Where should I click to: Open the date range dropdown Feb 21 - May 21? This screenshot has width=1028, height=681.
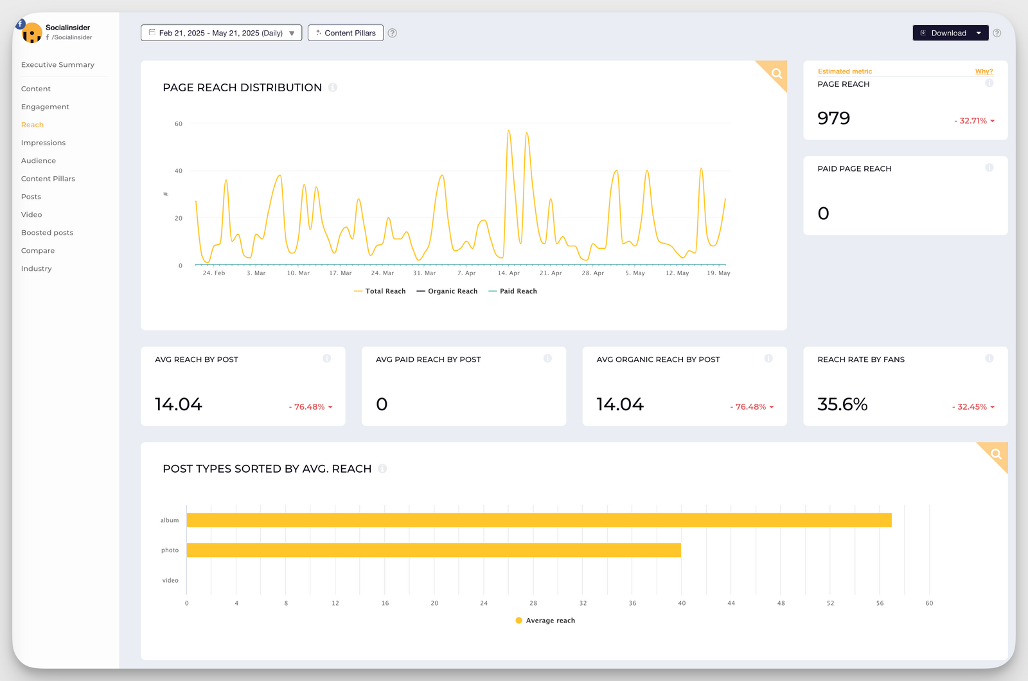pos(221,33)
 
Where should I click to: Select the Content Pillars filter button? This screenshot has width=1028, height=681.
pos(346,33)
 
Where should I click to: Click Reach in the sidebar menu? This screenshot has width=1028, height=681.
pos(32,125)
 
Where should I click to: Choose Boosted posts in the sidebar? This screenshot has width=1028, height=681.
pos(47,233)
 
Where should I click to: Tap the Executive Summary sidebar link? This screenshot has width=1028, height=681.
pos(57,65)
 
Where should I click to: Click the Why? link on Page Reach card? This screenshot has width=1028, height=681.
pos(984,71)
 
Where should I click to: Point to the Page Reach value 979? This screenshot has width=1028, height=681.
pos(833,118)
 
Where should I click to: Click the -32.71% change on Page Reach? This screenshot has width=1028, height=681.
pos(973,121)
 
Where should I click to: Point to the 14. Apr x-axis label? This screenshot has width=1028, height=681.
pos(508,273)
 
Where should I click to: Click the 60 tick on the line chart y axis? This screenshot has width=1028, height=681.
pos(179,124)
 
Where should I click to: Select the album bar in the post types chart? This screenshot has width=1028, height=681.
pos(538,520)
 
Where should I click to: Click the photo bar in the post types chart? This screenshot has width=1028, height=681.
pos(434,550)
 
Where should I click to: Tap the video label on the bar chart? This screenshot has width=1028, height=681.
pos(170,580)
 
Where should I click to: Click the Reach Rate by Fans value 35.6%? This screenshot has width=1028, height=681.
pos(842,404)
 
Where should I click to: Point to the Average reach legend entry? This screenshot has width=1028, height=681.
pos(545,621)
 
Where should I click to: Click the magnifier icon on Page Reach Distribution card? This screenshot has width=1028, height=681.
pos(777,73)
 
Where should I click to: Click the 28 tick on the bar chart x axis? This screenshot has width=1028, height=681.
pos(533,603)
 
